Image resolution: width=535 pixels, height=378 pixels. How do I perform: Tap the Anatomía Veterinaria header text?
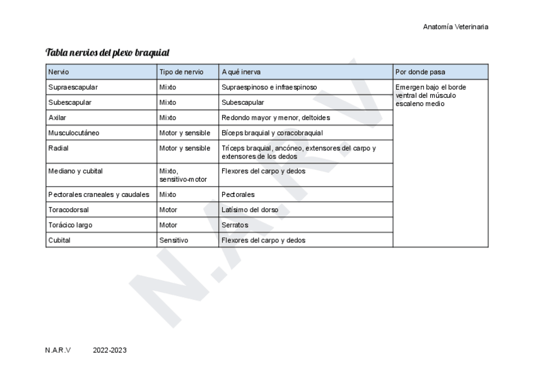456,27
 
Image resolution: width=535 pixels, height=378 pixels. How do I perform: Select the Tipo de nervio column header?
181,72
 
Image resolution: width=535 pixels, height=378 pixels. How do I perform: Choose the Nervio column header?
59,72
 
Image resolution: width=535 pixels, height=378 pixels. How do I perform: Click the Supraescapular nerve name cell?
73,87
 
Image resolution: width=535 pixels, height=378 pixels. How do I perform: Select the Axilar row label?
57,117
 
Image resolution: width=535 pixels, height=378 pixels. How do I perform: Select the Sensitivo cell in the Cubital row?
174,240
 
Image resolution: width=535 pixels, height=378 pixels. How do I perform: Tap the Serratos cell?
235,225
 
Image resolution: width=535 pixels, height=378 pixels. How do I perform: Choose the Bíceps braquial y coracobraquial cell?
272,133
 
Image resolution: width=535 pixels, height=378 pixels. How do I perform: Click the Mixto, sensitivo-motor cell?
183,175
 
